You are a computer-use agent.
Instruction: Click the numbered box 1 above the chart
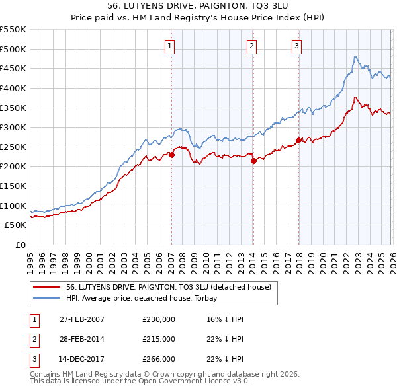pos(171,46)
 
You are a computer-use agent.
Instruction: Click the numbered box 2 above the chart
pos(253,46)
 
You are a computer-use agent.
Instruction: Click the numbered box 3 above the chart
pos(297,46)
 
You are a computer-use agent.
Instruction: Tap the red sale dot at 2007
pos(171,155)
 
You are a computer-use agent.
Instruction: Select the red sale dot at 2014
pos(253,161)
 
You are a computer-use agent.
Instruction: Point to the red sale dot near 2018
pos(298,140)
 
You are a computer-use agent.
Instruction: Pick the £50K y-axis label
pos(15,225)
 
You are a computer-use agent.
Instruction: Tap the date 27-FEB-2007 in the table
pos(81,319)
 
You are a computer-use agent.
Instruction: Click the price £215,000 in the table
pos(159,339)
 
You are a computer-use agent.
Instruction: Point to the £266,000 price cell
pos(159,359)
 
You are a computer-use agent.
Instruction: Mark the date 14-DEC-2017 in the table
pos(81,359)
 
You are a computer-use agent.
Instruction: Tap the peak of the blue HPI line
pos(355,56)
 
